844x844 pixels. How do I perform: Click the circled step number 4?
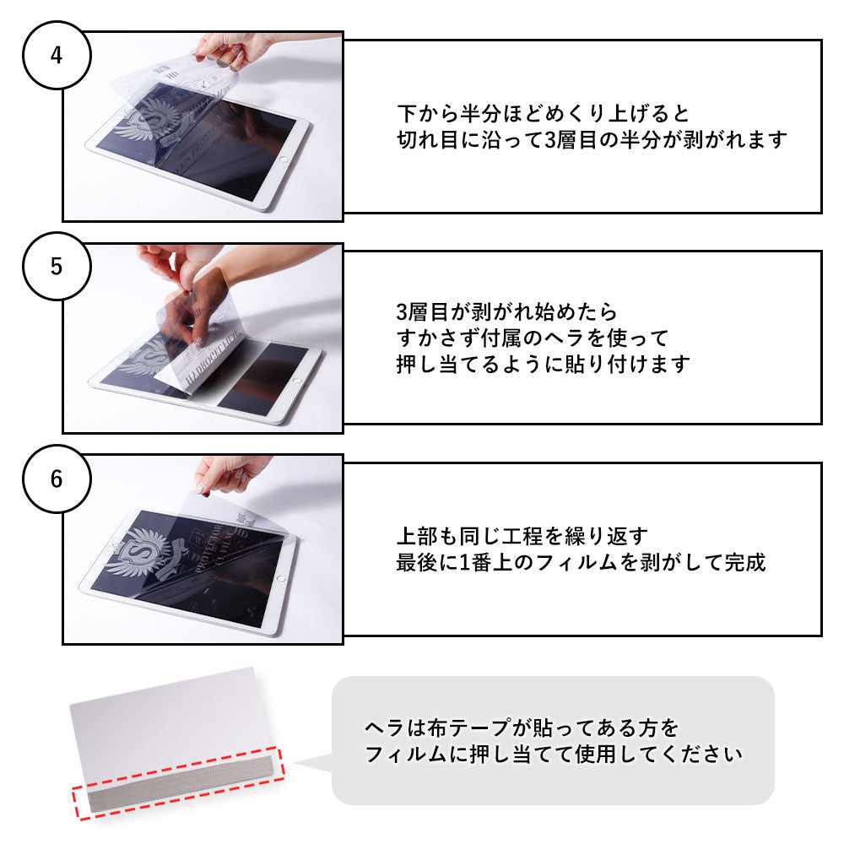coord(56,56)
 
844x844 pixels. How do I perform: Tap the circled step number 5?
coord(56,266)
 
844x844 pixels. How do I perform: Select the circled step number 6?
coord(56,479)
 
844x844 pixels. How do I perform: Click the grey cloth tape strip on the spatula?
coord(177,789)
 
